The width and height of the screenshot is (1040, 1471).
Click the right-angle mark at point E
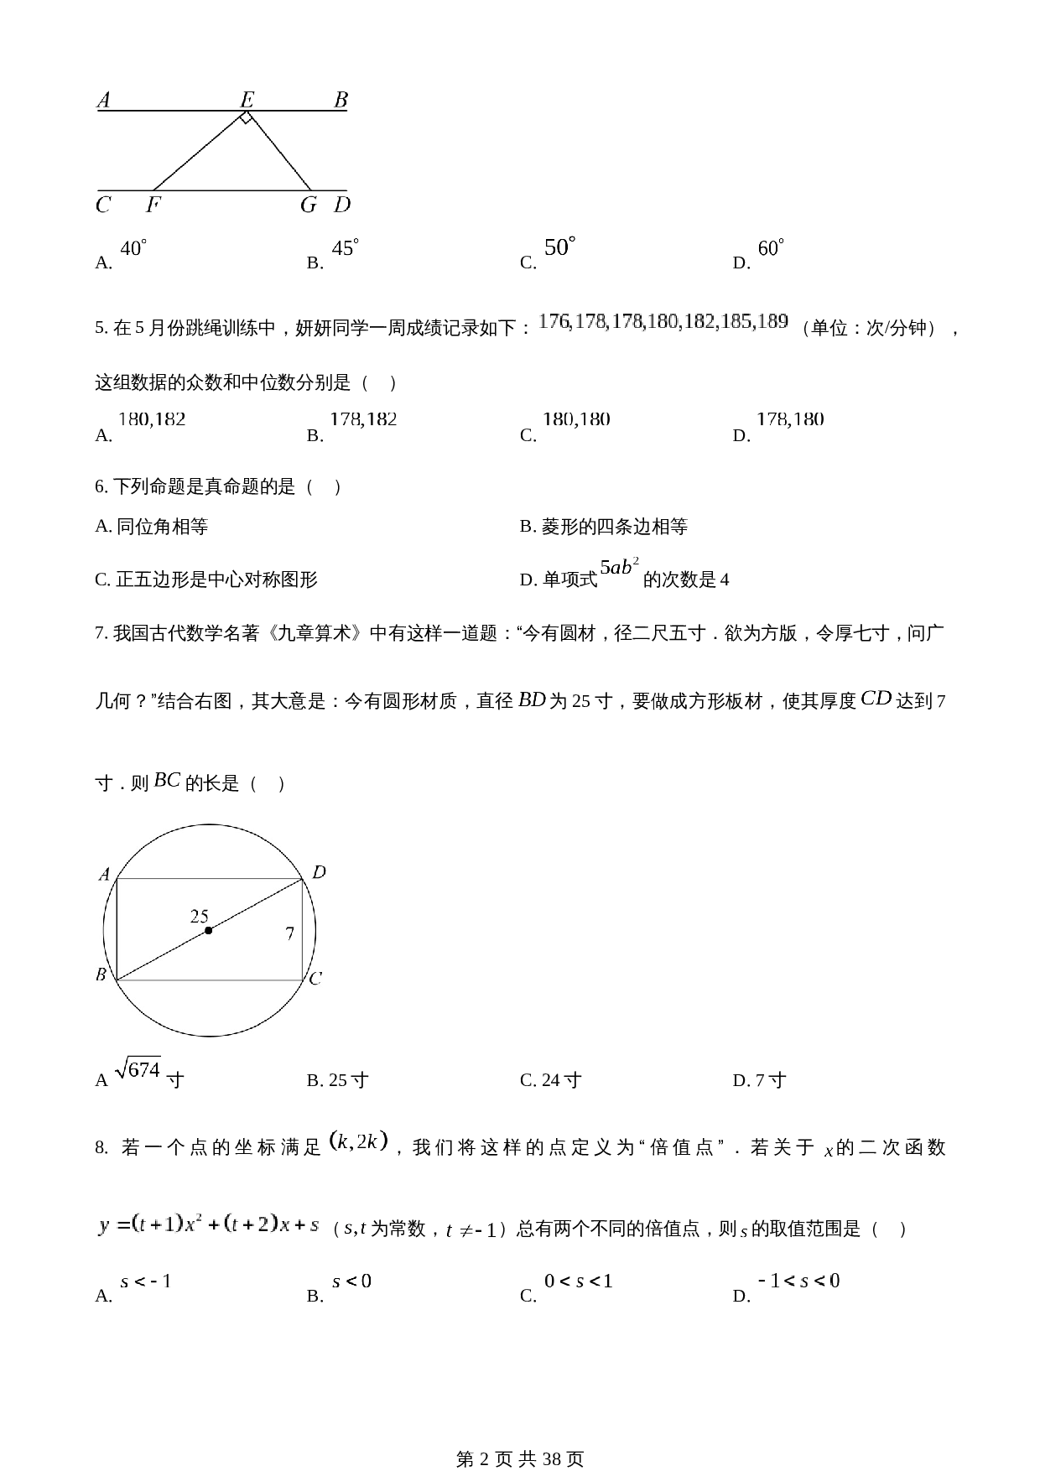click(245, 119)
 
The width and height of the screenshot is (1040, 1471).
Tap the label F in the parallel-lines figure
click(153, 205)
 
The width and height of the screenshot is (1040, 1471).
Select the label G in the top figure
click(309, 205)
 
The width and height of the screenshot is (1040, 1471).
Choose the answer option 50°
click(560, 248)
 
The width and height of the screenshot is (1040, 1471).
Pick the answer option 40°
click(133, 249)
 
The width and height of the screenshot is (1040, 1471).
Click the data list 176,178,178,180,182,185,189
click(663, 321)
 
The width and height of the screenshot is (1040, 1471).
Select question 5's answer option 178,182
click(363, 419)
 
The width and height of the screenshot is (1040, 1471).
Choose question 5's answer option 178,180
click(790, 419)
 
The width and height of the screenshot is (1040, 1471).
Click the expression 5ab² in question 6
click(620, 569)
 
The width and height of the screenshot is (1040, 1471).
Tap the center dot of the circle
click(208, 930)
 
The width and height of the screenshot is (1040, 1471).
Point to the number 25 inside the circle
click(199, 916)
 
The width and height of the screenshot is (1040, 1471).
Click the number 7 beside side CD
click(289, 933)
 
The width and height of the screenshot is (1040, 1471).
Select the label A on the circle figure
click(105, 875)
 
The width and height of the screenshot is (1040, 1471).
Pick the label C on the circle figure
click(315, 979)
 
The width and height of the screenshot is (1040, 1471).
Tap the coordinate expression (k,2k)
click(358, 1141)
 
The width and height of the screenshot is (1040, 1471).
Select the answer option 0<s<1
click(579, 1281)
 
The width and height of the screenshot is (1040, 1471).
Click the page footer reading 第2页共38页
click(519, 1458)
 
